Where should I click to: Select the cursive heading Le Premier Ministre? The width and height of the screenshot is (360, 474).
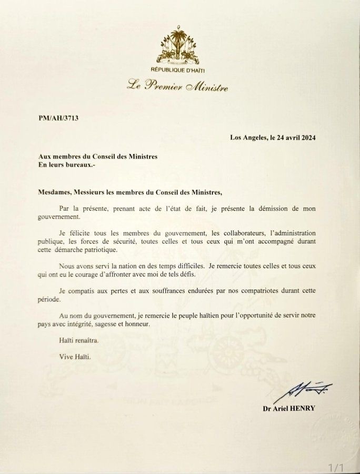click(x=177, y=86)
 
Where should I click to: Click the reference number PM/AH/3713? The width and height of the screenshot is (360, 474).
click(x=58, y=118)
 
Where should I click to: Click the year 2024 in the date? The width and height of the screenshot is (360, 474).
click(x=306, y=138)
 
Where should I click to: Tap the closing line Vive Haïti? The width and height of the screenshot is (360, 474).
click(x=75, y=357)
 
